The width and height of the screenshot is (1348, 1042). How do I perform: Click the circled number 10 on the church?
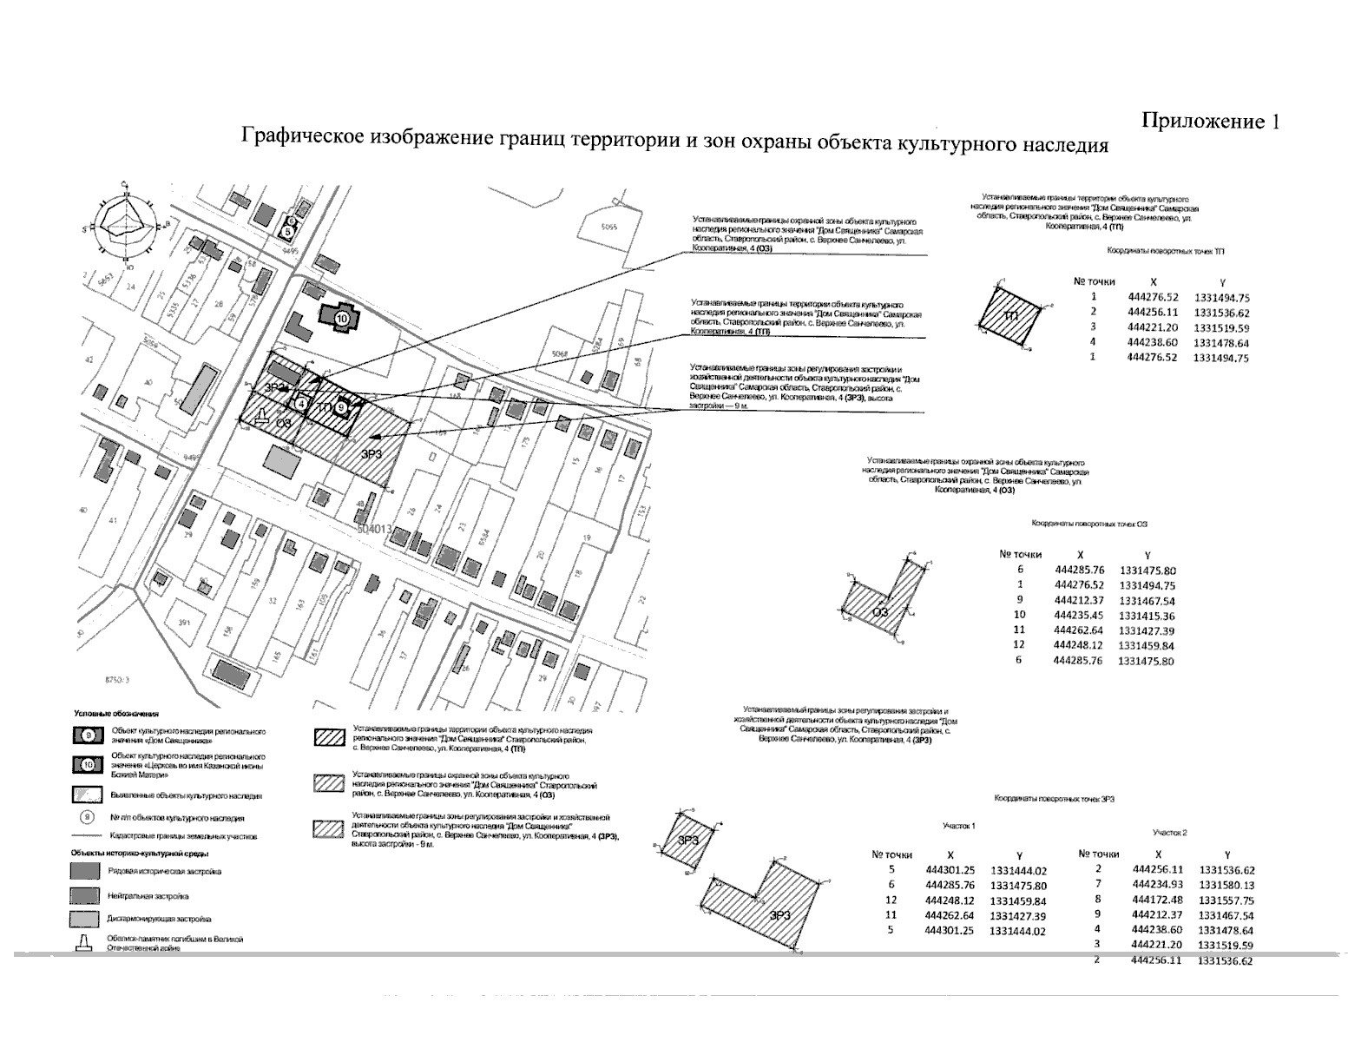341,319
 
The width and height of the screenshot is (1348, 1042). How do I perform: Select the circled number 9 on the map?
343,406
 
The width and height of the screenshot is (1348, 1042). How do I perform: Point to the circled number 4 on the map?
301,403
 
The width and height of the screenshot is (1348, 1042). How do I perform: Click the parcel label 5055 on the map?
608,228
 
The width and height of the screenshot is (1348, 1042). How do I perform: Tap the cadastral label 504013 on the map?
375,527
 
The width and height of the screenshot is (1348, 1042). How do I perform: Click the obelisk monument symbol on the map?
260,417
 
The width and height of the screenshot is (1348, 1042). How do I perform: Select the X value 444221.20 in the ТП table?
1152,327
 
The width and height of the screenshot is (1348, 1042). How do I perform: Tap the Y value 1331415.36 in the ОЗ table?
1147,617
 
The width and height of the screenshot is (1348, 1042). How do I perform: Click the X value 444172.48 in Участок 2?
1158,900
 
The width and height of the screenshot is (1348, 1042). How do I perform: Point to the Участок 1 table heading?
959,826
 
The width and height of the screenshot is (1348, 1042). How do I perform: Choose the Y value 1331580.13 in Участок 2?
1226,885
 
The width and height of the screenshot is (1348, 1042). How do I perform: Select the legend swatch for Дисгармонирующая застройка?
86,918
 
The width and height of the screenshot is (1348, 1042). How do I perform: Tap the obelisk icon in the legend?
85,944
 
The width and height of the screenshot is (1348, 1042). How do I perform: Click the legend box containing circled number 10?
87,763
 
